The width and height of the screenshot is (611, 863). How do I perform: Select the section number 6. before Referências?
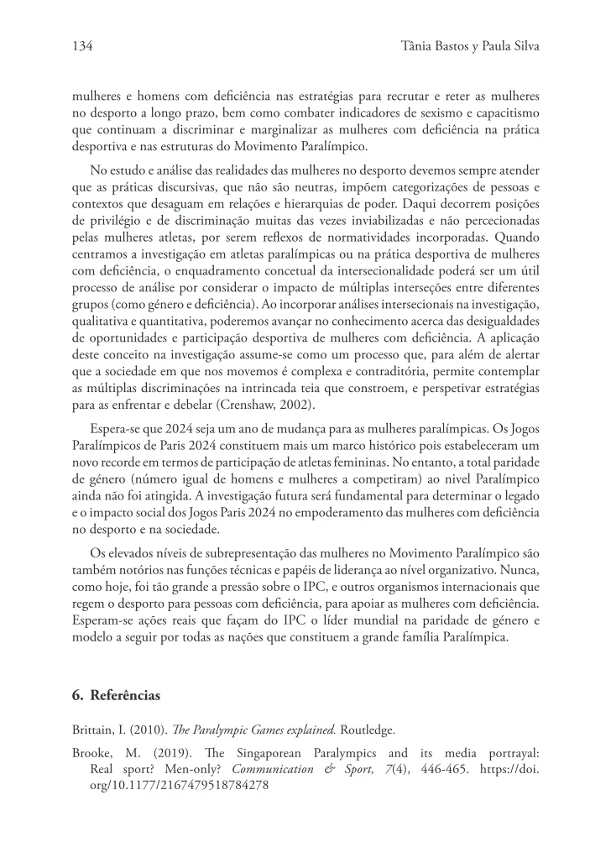[78, 696]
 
